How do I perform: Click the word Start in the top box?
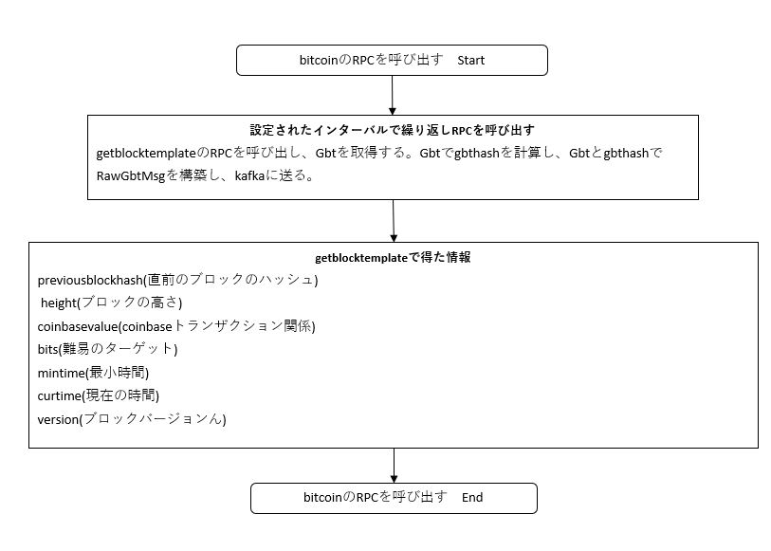coord(470,61)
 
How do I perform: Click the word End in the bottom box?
coord(472,498)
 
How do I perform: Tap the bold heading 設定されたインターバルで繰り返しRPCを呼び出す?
coord(393,130)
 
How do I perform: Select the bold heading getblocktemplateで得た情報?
coord(393,258)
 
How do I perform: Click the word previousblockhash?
coord(90,281)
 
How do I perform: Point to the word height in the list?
coord(59,303)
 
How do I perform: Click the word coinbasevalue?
coord(78,326)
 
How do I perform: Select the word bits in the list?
coord(47,350)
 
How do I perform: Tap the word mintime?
coord(62,373)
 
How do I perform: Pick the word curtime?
coord(60,396)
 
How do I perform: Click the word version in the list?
coord(58,420)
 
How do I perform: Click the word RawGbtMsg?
coord(131,176)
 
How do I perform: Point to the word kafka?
coord(249,175)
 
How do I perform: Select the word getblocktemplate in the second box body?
coord(146,154)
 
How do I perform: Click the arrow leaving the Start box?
coord(393,96)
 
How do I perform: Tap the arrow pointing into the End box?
coord(394,466)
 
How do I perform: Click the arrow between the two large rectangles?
coord(394,221)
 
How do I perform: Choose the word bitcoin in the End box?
coord(322,498)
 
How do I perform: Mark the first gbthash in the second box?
coord(476,154)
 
